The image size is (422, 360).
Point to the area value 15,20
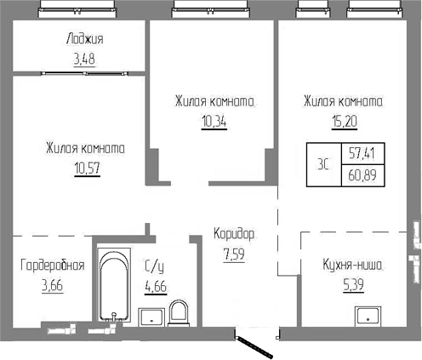[x=344, y=121]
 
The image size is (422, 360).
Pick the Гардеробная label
[x=52, y=265]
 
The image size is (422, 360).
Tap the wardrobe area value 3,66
[x=52, y=284]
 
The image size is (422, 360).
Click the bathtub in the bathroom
[x=111, y=284]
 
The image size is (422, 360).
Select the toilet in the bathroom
[x=180, y=311]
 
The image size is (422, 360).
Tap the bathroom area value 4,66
[x=155, y=284]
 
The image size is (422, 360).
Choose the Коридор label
[x=233, y=233]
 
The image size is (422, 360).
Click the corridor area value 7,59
[x=233, y=253]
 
